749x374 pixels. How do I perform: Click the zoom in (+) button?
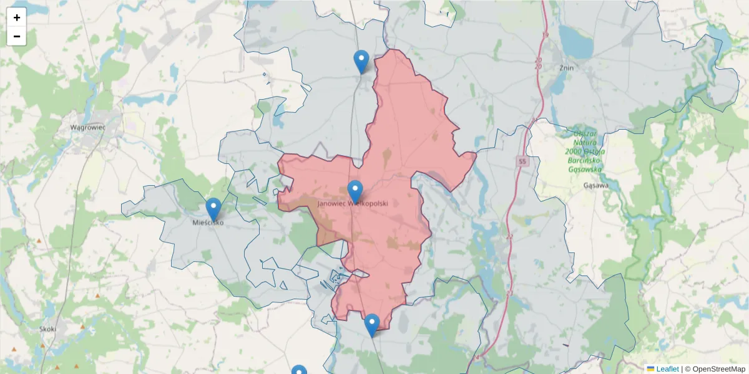[17, 17]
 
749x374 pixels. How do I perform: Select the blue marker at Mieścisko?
[213, 209]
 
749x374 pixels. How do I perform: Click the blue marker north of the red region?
[361, 61]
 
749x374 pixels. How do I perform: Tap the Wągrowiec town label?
[87, 127]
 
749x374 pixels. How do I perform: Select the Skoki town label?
[47, 328]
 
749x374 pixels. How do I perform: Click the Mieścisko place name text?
[208, 222]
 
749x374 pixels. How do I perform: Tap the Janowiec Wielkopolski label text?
[353, 204]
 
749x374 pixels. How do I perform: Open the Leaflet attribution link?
[667, 369]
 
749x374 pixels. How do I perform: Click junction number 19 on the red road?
[545, 36]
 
